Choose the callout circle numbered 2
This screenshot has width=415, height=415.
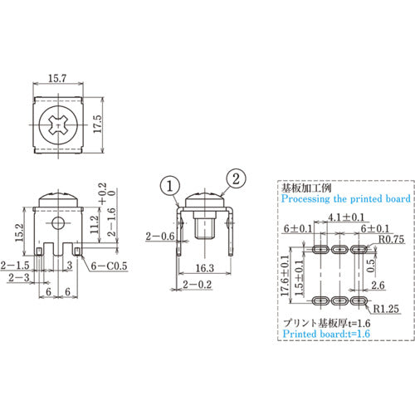click(x=235, y=176)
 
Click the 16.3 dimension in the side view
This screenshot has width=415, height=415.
click(x=206, y=269)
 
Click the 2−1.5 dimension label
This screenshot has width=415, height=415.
click(x=14, y=265)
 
